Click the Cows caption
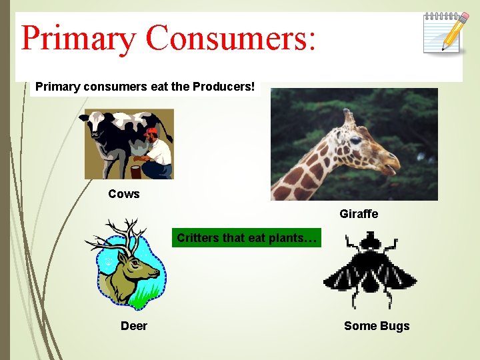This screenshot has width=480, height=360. [x=124, y=194]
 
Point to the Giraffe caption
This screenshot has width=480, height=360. [x=359, y=214]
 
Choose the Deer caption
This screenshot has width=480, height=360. [x=134, y=326]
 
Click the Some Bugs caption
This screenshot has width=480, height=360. [x=377, y=326]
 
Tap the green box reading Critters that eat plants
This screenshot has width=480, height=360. [x=247, y=238]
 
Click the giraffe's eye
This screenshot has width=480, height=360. [x=355, y=140]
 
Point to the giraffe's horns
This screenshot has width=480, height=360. [x=348, y=117]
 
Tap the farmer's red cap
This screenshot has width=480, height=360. [x=152, y=132]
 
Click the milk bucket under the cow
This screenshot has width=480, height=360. [x=136, y=172]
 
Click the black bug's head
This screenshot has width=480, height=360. [x=369, y=239]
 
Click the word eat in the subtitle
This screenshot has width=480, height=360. [x=125, y=87]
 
